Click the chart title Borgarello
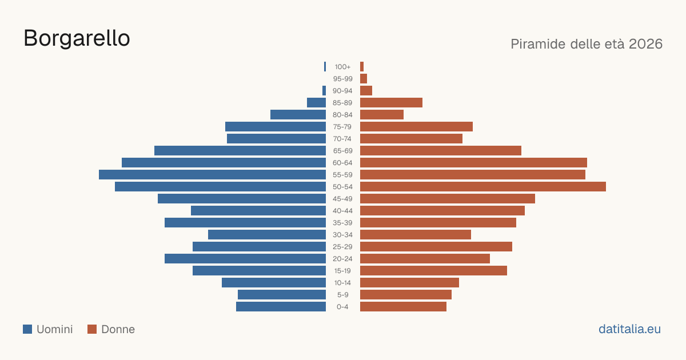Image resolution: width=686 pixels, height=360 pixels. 77,38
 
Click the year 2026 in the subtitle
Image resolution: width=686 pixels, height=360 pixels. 645,44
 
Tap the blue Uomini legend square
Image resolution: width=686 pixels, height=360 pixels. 27,329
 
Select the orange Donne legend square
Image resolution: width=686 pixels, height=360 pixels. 92,329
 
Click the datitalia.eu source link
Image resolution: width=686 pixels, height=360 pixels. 629,329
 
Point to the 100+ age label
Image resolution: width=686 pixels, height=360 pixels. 342,67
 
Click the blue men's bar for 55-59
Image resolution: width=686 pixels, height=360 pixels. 212,175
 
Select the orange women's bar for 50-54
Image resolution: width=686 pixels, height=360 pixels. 483,187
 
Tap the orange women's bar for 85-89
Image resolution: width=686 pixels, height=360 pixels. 391,102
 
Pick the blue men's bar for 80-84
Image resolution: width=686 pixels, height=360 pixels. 298,115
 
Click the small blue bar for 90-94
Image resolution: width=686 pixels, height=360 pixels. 324,91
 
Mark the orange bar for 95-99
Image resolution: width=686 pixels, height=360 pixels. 364,79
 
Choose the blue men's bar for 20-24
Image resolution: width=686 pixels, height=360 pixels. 245,259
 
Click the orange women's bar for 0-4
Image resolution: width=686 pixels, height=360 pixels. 404,307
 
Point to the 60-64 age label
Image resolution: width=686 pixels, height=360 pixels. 342,163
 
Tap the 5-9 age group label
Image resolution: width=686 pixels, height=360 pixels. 342,295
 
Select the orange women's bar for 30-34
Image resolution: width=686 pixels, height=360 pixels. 416,235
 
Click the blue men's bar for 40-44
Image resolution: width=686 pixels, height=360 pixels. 258,211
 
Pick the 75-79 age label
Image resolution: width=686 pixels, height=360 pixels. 342,127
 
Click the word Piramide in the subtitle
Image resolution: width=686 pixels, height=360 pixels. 538,44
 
